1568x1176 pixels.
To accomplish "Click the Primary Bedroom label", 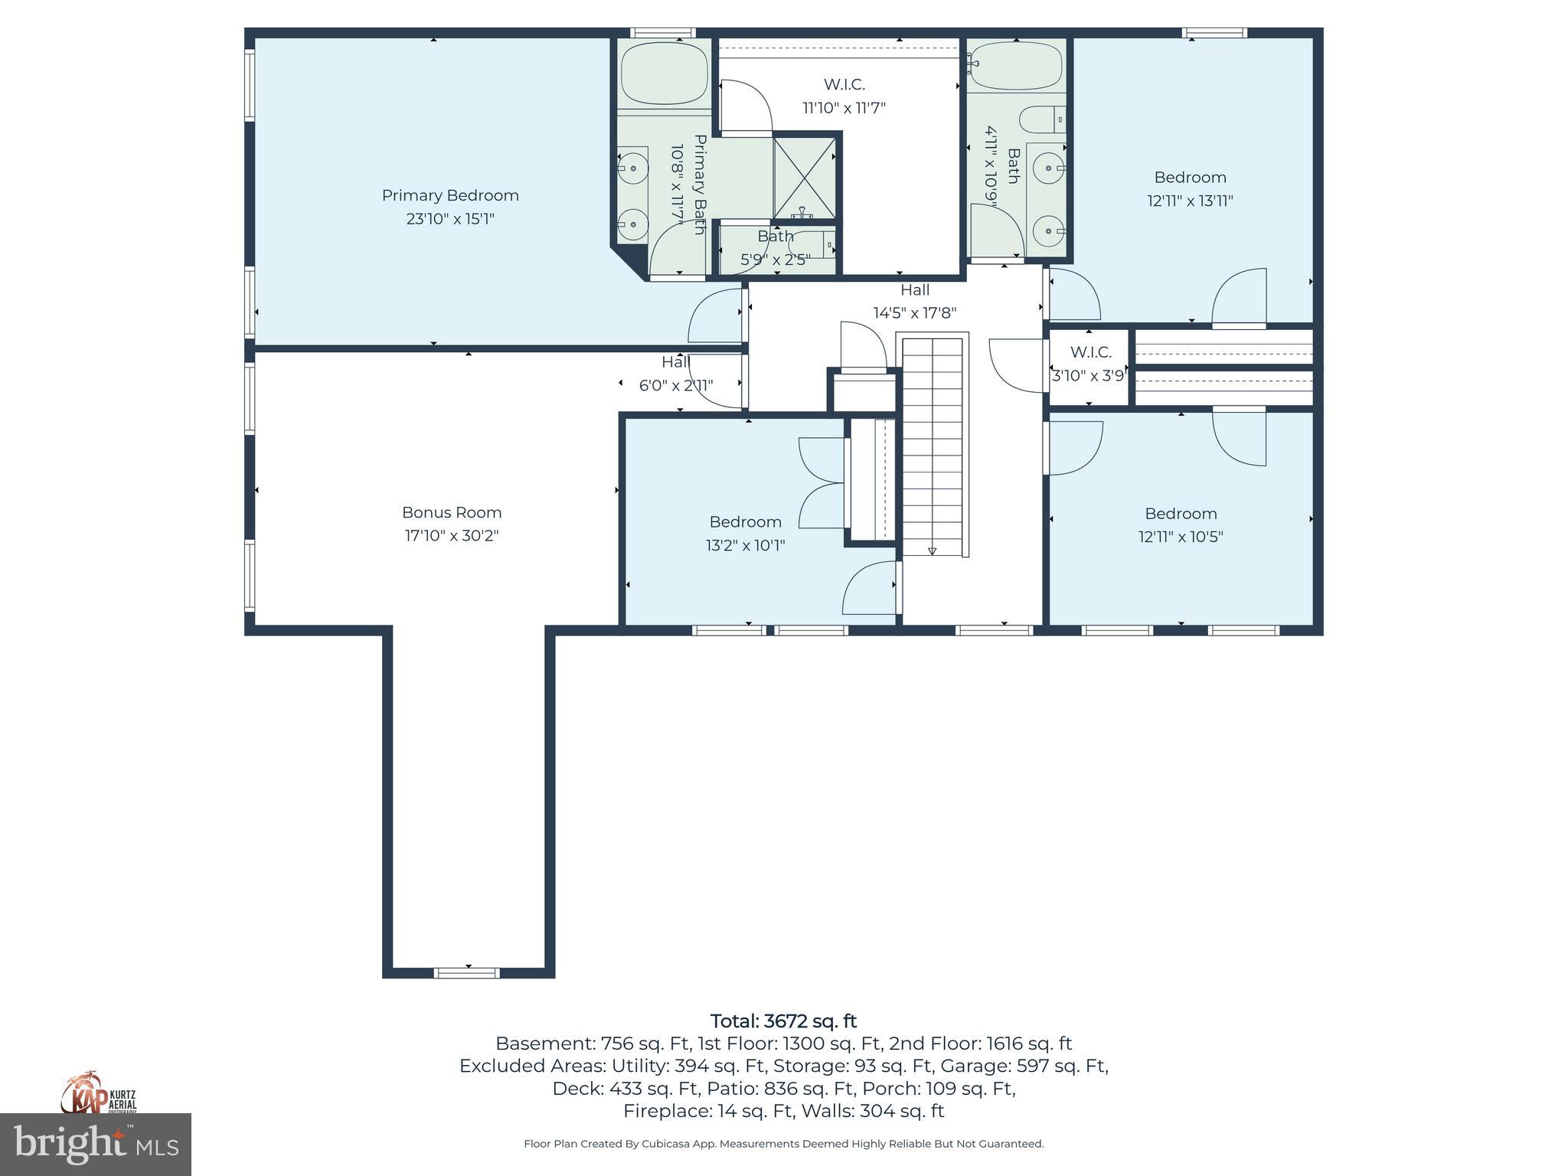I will click(x=450, y=196).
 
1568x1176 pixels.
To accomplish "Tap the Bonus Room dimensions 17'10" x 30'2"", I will click(x=452, y=536).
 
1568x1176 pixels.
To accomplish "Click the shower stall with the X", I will click(x=804, y=178).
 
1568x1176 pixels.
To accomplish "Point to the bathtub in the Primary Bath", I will click(x=663, y=73).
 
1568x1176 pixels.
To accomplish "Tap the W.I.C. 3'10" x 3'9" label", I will click(x=1089, y=364).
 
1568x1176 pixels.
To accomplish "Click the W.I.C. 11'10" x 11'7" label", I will click(x=844, y=96).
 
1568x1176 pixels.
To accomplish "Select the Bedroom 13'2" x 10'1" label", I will click(x=745, y=533).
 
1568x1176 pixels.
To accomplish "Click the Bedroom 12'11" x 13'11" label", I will click(x=1190, y=188).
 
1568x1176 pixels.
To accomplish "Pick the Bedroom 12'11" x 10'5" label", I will click(x=1181, y=524).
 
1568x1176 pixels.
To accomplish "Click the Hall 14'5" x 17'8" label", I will click(x=914, y=301).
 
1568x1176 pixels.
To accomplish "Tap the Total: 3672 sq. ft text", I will click(x=783, y=1021).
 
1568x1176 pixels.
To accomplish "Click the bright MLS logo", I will click(x=96, y=1144).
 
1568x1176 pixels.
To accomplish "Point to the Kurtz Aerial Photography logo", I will click(x=99, y=1093).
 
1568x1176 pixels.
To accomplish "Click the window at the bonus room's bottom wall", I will click(x=467, y=973).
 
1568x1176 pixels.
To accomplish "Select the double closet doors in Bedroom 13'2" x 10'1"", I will click(x=822, y=482).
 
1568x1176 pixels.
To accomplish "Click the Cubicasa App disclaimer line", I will click(x=783, y=1144).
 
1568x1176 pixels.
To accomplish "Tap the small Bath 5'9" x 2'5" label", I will click(x=775, y=247).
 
